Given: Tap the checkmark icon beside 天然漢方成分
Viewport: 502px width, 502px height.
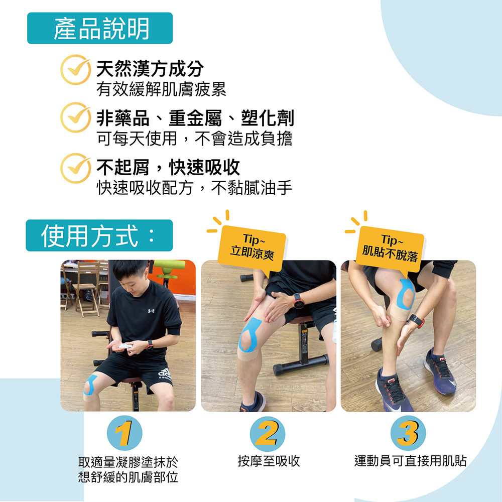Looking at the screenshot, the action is pos(76,69).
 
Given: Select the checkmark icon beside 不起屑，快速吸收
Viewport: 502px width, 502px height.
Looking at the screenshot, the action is pos(76,168).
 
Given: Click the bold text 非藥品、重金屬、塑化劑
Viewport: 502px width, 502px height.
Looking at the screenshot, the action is pos(195,118).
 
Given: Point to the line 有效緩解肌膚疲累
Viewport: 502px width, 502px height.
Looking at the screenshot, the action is pos(161,89).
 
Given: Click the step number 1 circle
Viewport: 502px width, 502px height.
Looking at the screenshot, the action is pos(124,433).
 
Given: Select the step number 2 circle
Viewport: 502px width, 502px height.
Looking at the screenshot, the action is pos(268,434).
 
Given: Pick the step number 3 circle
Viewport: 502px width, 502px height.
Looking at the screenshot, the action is pos(408,433).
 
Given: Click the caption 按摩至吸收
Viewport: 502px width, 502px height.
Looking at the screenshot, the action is pos(269,461).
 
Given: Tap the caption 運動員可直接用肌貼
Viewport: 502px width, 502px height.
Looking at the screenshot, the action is pos(410,461).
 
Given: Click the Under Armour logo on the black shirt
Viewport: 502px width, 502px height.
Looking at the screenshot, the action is pos(151,311).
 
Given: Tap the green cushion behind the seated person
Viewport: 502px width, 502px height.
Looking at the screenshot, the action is pos(169,266).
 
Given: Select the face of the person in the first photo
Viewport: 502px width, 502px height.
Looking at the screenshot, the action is pos(132,277).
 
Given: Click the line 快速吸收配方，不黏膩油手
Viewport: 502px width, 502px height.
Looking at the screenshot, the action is pos(195,188).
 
